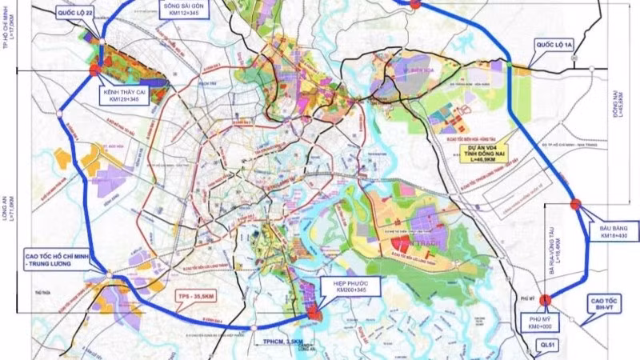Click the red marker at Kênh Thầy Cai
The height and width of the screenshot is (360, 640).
pos(95,70)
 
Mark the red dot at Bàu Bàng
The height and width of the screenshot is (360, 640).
pos(575,204)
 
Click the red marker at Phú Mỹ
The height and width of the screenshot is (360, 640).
pos(546,300)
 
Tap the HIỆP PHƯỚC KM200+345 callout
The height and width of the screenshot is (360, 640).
pos(354,286)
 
